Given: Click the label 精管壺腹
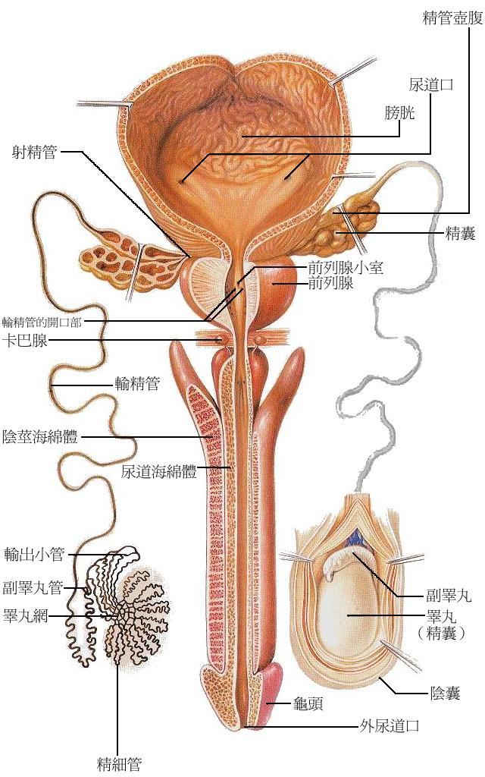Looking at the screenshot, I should coord(452,17).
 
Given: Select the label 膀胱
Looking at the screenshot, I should coord(400,113).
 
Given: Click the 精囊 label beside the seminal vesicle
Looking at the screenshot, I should coord(459,234).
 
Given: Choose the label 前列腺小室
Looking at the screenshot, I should coord(346,269).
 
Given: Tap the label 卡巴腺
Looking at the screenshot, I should coord(25,341).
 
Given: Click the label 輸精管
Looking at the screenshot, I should coord(136,385).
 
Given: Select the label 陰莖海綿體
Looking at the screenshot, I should coord(41,436).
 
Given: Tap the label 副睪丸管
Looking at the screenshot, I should coord(32,587).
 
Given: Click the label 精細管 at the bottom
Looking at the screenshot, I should coord(119,763).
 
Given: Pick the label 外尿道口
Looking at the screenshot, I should coord(388,726).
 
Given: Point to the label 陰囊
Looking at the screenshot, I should coord(445,693).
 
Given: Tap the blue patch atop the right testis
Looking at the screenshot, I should coord(354,541).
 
